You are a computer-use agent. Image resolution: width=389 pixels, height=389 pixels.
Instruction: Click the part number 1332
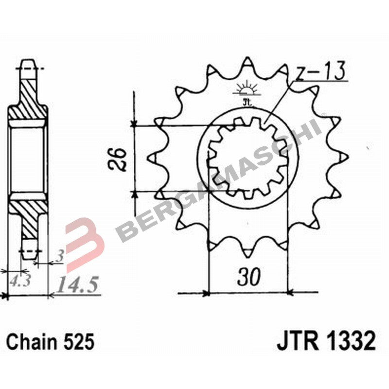pos(351,341)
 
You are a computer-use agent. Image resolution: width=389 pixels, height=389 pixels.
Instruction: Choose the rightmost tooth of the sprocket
pos(345,157)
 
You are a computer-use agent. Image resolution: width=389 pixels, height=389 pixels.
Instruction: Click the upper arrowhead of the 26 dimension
pos(134,122)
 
